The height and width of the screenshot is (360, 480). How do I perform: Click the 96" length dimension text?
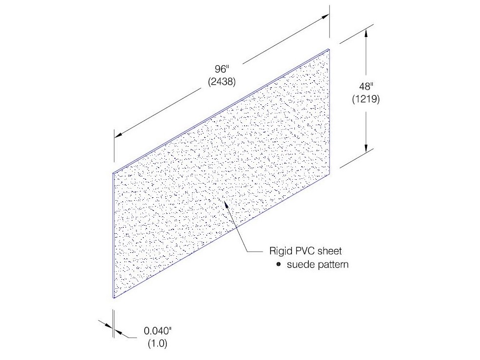(220, 69)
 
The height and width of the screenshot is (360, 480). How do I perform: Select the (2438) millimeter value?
(222, 82)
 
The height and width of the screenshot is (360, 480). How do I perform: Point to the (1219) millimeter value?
(366, 99)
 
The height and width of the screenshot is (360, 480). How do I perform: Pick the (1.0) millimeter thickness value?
(158, 343)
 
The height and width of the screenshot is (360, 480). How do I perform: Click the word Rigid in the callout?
(280, 251)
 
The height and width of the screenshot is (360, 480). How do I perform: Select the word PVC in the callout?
(305, 251)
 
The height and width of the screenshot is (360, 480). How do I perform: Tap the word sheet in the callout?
(330, 251)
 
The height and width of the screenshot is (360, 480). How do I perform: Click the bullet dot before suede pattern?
(278, 264)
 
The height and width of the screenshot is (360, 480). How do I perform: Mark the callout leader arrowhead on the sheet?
(226, 206)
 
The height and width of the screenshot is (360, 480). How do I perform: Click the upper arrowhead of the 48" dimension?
(366, 33)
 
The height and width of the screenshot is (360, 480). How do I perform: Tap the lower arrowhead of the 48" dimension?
(366, 148)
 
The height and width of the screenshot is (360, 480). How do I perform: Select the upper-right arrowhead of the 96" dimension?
(325, 17)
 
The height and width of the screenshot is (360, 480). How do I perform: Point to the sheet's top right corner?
(329, 49)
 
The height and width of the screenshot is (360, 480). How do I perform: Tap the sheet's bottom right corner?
(330, 174)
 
